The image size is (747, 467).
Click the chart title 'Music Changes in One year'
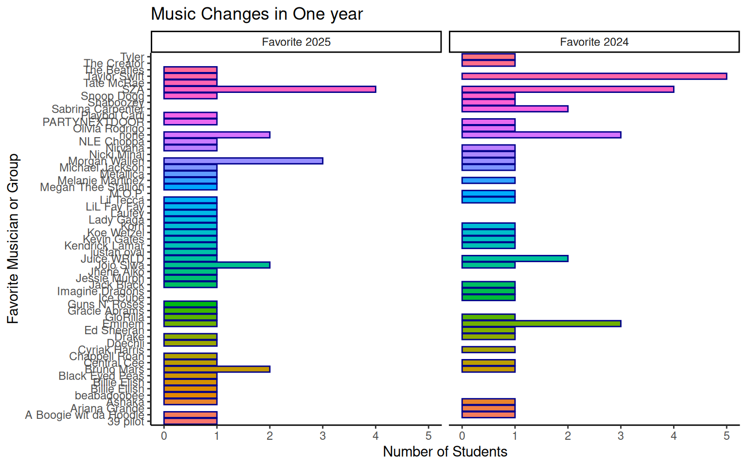coord(257,14)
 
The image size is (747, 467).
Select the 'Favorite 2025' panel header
coord(296,42)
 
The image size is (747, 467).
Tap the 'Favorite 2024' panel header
coord(594,42)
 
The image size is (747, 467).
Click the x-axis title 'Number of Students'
coord(445,451)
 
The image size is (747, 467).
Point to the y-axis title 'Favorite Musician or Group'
coord(13,238)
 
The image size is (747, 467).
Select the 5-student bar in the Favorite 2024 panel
coord(594,76)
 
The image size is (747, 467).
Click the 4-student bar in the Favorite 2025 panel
coord(269,89)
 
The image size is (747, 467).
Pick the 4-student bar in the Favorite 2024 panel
coord(568,89)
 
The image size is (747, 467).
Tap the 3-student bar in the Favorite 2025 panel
coord(243,161)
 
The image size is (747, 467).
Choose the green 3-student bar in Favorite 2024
coord(541,323)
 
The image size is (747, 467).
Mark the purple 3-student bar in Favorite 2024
coord(541,135)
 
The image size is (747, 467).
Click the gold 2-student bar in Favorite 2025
coord(216,369)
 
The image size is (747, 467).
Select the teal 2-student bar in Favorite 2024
coord(515,258)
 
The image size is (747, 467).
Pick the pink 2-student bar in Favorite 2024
coord(515,109)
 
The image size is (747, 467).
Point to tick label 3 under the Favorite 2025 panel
coord(322,436)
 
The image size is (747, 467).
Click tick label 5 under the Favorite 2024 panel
coord(726,436)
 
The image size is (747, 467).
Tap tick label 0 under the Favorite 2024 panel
coord(462,436)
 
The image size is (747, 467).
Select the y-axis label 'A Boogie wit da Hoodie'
coord(85,415)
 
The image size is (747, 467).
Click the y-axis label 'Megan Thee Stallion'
coord(92,187)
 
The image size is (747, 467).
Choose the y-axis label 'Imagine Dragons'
coord(101,291)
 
